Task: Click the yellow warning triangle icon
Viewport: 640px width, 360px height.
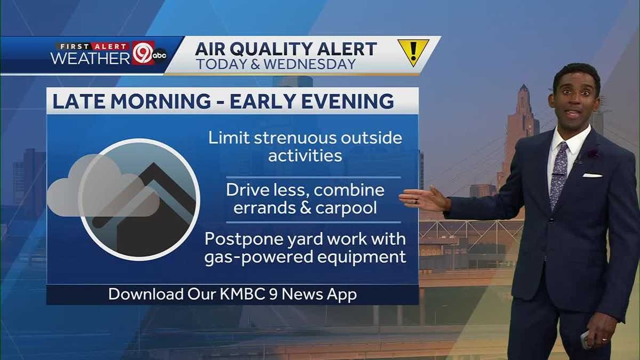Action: (x=413, y=52)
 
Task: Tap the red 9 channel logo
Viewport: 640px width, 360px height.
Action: (x=142, y=53)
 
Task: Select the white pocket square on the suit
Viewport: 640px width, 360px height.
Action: (x=592, y=175)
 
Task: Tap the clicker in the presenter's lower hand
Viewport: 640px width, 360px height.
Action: (x=585, y=339)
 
